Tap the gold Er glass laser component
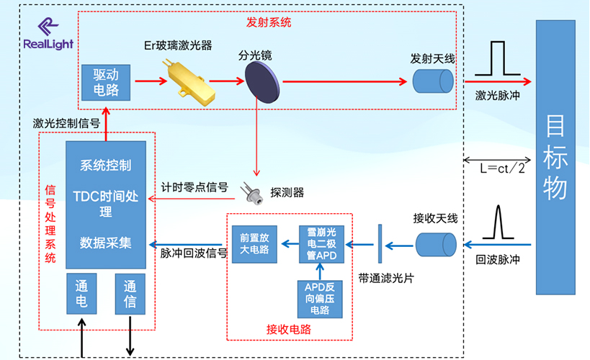tap(188, 80)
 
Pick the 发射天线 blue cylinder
tap(432, 81)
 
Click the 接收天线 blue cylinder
tap(436, 243)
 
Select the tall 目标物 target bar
tap(555, 157)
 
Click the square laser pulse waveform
tap(496, 60)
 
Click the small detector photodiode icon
tap(253, 192)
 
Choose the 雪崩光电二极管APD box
tap(322, 244)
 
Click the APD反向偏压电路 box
tap(322, 298)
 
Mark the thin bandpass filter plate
tap(380, 243)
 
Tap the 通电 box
tap(81, 294)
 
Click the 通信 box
tap(130, 294)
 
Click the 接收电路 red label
tap(290, 329)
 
